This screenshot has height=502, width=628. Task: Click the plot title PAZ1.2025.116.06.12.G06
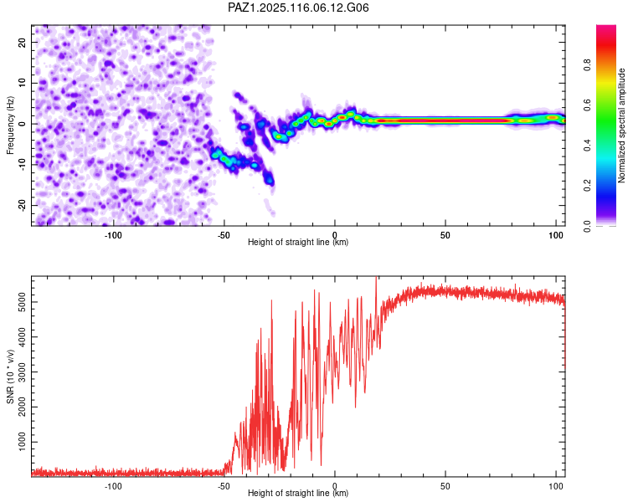(x=298, y=8)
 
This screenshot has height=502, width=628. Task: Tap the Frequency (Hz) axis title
(x=10, y=125)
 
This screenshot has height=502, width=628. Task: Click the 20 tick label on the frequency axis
(x=22, y=42)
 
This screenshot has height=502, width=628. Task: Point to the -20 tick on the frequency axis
(x=22, y=205)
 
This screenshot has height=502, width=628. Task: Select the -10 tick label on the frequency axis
(x=22, y=164)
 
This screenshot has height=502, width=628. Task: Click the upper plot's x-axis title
(x=298, y=242)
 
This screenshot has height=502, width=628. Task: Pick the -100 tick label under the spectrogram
(x=113, y=235)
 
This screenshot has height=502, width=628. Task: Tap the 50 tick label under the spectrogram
(x=445, y=235)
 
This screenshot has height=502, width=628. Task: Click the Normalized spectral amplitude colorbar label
(x=621, y=125)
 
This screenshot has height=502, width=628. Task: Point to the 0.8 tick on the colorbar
(x=587, y=65)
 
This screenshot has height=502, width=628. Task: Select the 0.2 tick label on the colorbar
(x=587, y=186)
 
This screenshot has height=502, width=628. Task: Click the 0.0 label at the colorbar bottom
(x=587, y=226)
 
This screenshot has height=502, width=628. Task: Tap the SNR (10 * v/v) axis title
(x=10, y=376)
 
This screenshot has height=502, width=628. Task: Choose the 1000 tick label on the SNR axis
(x=22, y=442)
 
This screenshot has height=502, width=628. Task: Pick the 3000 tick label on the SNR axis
(x=22, y=371)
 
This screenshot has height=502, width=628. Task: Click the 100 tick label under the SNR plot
(x=556, y=486)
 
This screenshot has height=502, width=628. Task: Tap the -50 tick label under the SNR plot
(x=224, y=486)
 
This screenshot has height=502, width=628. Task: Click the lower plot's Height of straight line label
(x=298, y=493)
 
